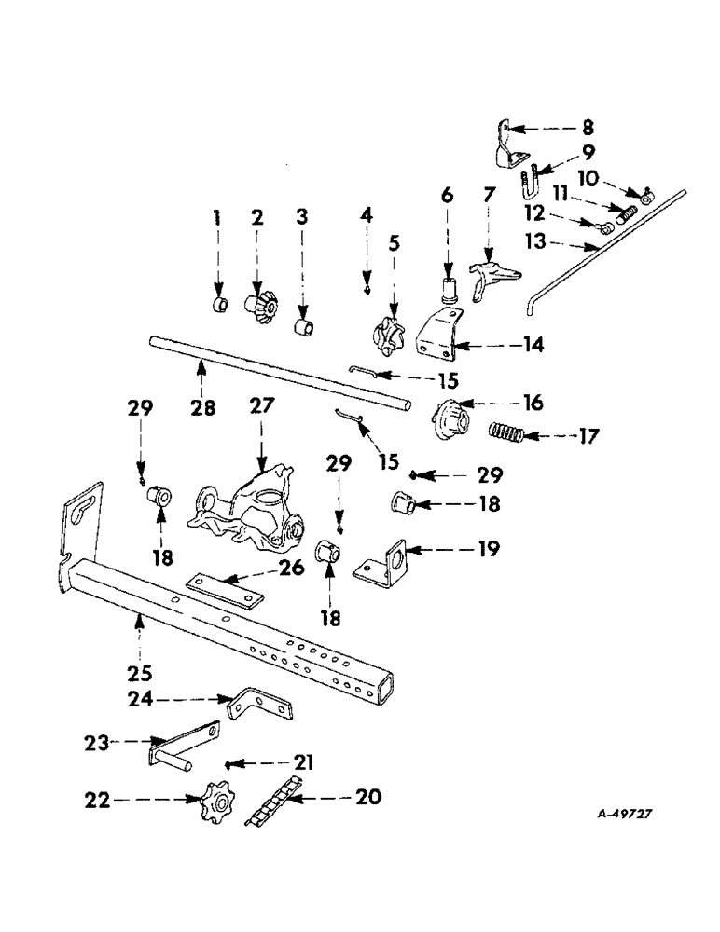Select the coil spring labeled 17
[x=508, y=433]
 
